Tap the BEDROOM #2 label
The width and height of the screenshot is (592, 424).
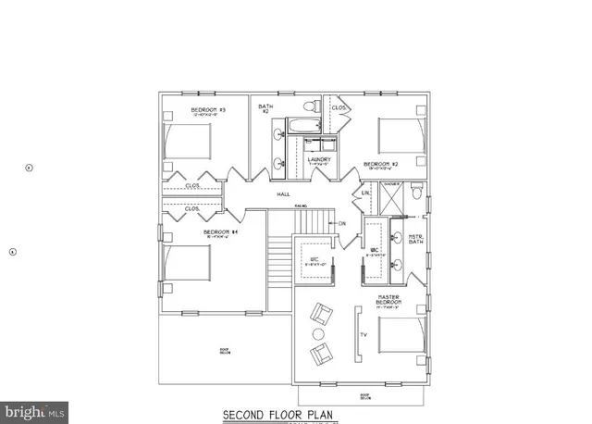tap(381, 163)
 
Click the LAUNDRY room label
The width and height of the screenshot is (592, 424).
tap(319, 159)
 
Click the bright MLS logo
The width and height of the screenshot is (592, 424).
tap(36, 406)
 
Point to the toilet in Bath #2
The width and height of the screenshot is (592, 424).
tap(314, 108)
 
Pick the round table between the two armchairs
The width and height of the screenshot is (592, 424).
tap(318, 333)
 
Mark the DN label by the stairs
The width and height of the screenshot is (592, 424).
tap(341, 223)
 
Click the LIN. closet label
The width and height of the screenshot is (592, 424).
tap(364, 193)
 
